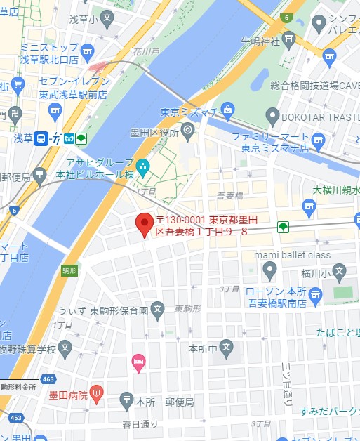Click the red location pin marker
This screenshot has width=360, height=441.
coord(144,224)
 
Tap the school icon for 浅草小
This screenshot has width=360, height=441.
coord(106,17)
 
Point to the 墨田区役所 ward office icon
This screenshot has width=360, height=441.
coord(187,131)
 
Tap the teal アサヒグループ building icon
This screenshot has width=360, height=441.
coord(143,166)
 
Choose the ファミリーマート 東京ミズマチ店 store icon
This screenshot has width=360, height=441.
coord(318,140)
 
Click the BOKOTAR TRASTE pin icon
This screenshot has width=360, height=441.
coord(272,116)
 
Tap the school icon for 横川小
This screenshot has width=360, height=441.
coord(340,270)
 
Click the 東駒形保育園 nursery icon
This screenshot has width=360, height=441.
coord(159,310)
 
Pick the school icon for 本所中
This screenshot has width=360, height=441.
coord(226,347)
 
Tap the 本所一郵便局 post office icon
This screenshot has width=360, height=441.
coord(126,399)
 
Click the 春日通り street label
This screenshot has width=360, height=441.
coord(140,424)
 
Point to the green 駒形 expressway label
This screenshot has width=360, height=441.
coord(69,270)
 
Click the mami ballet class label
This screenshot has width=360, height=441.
coord(292,254)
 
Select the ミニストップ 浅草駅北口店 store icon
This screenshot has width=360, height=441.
coord(87,51)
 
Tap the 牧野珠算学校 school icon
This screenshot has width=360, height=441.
coord(65,347)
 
